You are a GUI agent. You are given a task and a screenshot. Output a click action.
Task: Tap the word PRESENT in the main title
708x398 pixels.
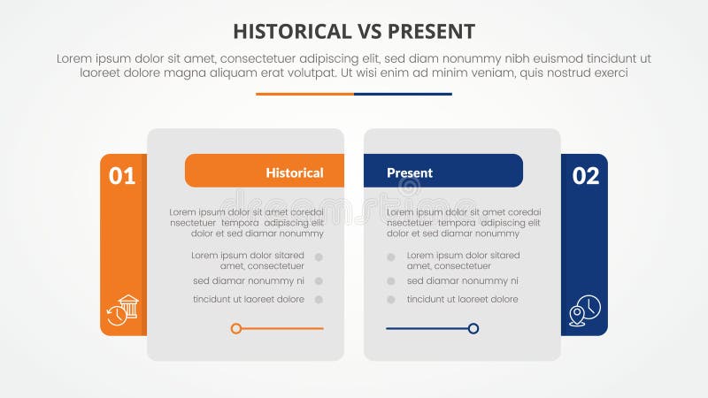coord(431,32)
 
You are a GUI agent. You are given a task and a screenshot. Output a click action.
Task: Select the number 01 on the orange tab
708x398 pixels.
coord(122,176)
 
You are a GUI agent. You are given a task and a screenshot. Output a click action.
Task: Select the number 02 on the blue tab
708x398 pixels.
coord(586,176)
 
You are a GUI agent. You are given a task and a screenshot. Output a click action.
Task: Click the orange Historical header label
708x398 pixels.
coord(294,172)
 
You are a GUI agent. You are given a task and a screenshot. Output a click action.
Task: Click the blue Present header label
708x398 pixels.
coord(410,172)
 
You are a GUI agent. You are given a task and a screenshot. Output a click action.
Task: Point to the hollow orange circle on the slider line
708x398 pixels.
coord(236,328)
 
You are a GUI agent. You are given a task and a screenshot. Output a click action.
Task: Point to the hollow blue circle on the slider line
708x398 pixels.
coord(473,328)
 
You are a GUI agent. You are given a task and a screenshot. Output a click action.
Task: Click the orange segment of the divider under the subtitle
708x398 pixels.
coord(304,94)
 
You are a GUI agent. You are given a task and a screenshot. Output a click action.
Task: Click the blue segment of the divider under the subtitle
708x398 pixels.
coord(403,94)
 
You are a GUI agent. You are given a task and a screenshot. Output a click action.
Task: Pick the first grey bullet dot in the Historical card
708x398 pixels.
coord(319,257)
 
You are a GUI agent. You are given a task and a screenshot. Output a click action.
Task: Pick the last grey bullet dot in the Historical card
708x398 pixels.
coord(319,299)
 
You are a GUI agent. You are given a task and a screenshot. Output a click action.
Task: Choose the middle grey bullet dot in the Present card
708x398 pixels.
coord(389,280)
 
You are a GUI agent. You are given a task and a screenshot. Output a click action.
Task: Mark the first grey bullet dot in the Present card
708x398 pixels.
coord(389,257)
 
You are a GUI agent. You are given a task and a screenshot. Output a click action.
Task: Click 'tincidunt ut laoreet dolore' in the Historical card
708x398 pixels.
coord(249,299)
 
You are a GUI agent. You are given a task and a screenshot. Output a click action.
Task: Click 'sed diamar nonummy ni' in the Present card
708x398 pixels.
coord(463,280)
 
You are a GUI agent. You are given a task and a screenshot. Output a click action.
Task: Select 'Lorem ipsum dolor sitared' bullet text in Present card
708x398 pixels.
coord(464,255)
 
